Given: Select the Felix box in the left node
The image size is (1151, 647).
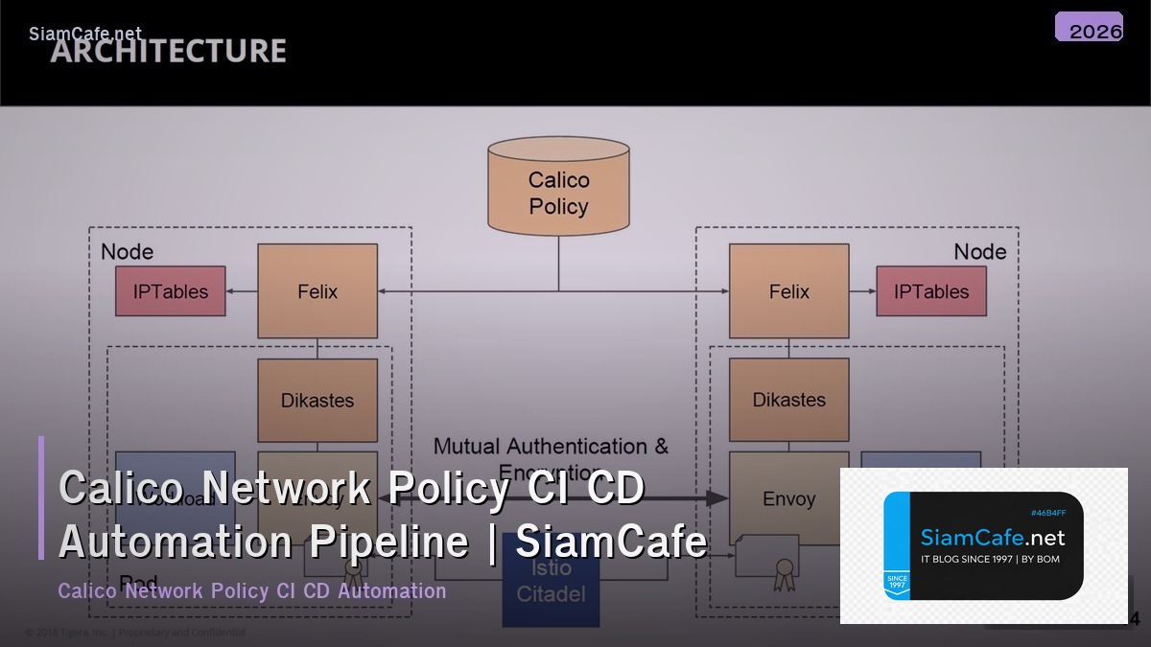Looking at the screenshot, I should pyautogui.click(x=317, y=291).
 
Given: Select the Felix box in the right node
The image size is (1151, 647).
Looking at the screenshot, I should pyautogui.click(x=788, y=291).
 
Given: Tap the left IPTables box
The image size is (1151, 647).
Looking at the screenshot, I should pyautogui.click(x=171, y=291).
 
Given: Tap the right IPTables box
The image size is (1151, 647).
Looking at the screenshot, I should pyautogui.click(x=930, y=291).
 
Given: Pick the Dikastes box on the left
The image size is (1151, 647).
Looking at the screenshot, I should pyautogui.click(x=317, y=400).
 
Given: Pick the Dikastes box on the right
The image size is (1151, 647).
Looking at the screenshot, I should pyautogui.click(x=788, y=400).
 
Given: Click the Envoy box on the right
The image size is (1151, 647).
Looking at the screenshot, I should pyautogui.click(x=788, y=498).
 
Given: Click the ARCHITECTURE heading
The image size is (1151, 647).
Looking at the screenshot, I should pyautogui.click(x=169, y=51).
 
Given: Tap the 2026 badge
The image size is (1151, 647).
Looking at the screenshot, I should pyautogui.click(x=1090, y=28).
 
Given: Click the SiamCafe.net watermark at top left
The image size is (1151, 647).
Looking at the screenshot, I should pyautogui.click(x=85, y=34).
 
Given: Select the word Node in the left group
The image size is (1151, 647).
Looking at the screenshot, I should pyautogui.click(x=127, y=251).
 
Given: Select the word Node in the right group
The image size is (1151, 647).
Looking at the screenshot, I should pyautogui.click(x=979, y=251).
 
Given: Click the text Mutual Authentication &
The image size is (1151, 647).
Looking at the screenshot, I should pyautogui.click(x=551, y=446).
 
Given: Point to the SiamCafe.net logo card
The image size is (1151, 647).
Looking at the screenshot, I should pyautogui.click(x=983, y=545).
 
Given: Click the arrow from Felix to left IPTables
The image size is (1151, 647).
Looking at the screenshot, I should pyautogui.click(x=242, y=291).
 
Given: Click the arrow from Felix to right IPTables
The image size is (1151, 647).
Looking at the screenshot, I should pyautogui.click(x=862, y=291).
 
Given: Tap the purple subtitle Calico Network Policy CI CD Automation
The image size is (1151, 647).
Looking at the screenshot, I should pyautogui.click(x=252, y=590).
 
